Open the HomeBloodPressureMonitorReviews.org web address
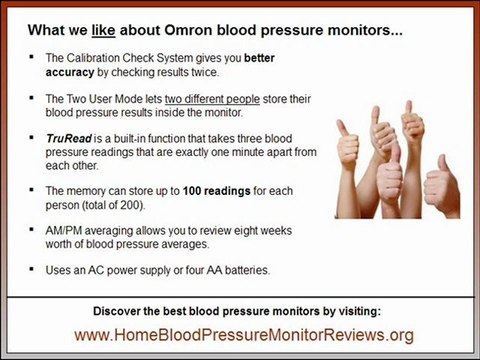pyautogui.click(x=239, y=334)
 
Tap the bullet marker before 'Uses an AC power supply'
pyautogui.click(x=32, y=269)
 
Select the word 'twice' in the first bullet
pyautogui.click(x=221, y=73)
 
